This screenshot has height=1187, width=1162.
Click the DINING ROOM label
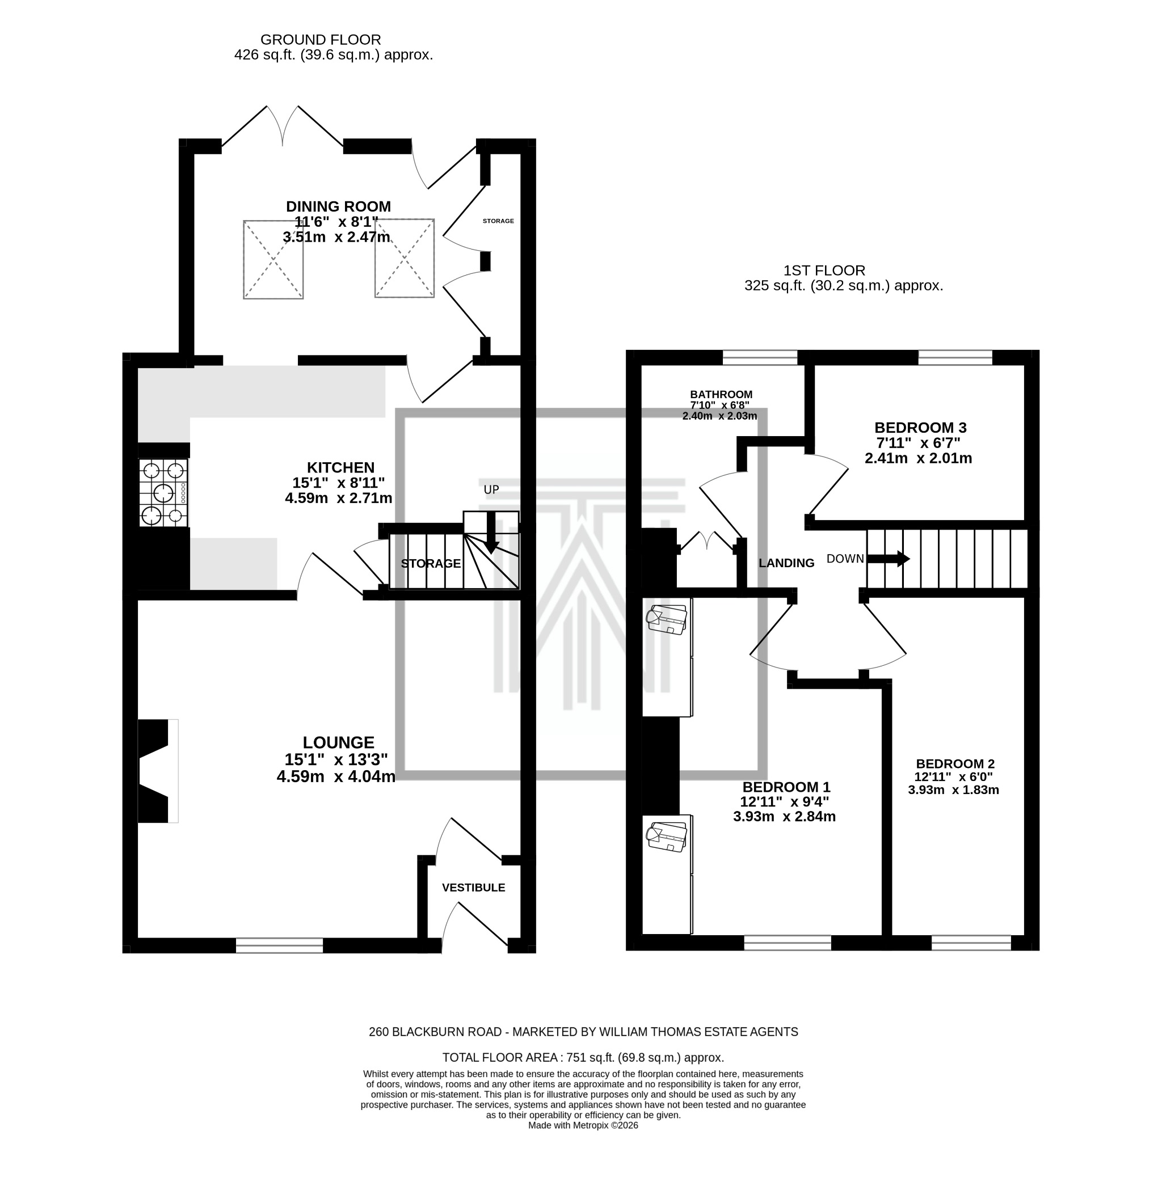tap(338, 206)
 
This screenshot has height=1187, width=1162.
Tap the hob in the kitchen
tap(163, 493)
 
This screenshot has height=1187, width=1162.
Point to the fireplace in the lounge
tap(155, 771)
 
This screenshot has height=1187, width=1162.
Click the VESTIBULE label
tap(474, 888)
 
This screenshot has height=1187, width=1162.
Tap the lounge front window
tap(280, 945)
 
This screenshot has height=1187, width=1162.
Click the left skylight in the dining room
tap(273, 259)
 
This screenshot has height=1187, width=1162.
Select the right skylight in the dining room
tap(405, 259)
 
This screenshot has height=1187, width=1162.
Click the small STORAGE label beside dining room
tap(498, 221)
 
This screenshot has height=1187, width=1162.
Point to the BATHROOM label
tap(721, 395)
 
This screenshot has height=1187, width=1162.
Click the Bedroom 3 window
tap(955, 357)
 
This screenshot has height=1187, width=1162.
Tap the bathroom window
tap(760, 357)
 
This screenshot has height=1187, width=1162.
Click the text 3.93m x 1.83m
tap(953, 790)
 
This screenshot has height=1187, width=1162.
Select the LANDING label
tap(786, 563)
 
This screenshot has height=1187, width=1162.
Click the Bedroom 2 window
tap(971, 943)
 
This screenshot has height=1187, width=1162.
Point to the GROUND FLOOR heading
tap(321, 40)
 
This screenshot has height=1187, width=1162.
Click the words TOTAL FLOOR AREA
tap(499, 1058)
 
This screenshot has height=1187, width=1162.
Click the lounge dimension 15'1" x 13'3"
tap(336, 759)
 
